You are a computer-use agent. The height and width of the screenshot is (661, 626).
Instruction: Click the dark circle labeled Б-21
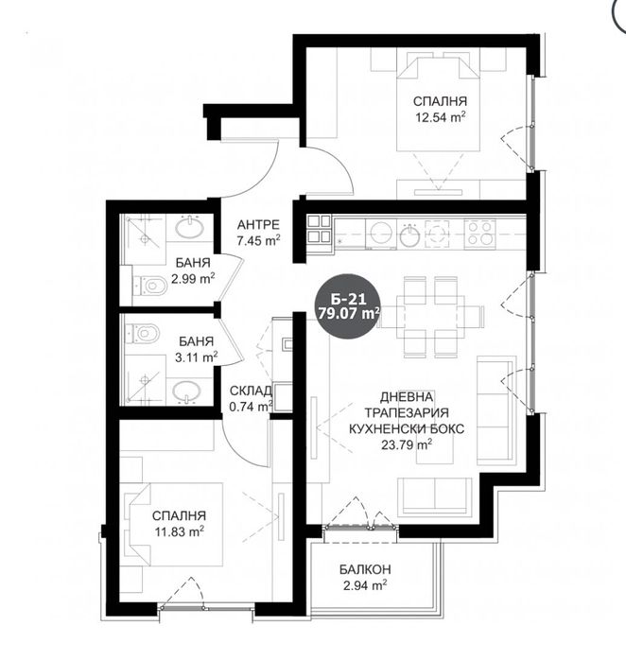pyautogui.click(x=348, y=304)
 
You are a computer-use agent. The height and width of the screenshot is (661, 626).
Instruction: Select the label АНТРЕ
pyautogui.click(x=257, y=224)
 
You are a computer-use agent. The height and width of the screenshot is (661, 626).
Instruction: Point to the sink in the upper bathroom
pyautogui.click(x=190, y=229)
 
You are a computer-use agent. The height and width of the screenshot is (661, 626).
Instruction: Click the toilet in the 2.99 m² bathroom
pyautogui.click(x=154, y=284)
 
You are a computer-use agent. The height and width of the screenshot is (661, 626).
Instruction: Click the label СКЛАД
pyautogui.click(x=251, y=391)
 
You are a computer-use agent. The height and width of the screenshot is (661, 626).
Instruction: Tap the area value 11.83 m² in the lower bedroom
pyautogui.click(x=179, y=532)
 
